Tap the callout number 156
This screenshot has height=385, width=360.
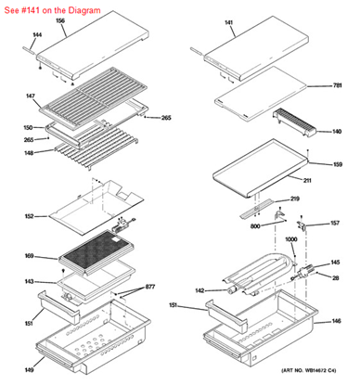click(60, 19)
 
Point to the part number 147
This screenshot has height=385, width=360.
click(30, 96)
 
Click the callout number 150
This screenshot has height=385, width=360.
click(28, 127)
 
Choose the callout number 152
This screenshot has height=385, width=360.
click(29, 217)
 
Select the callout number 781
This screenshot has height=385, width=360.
click(338, 85)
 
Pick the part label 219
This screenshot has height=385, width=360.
click(294, 199)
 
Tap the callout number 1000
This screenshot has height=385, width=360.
click(290, 239)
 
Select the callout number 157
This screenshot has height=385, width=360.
click(334, 224)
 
